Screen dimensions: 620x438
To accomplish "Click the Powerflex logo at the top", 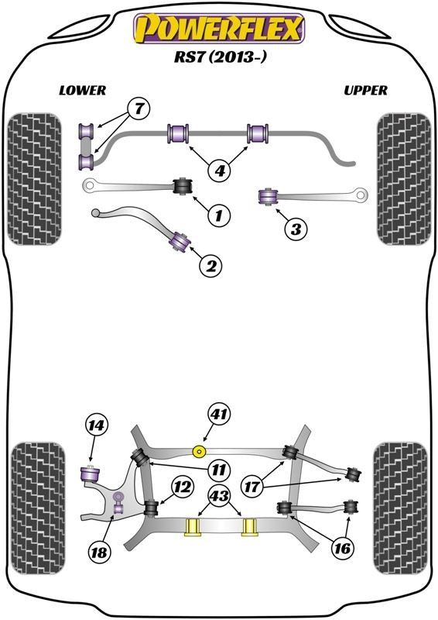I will click(220, 29).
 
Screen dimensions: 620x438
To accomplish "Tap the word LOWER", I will click(82, 90).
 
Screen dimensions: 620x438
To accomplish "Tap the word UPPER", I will click(365, 90).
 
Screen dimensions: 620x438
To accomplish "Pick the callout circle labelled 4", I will click(220, 169).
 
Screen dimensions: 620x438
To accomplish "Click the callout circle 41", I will click(219, 416).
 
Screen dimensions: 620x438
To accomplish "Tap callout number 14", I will click(97, 425).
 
